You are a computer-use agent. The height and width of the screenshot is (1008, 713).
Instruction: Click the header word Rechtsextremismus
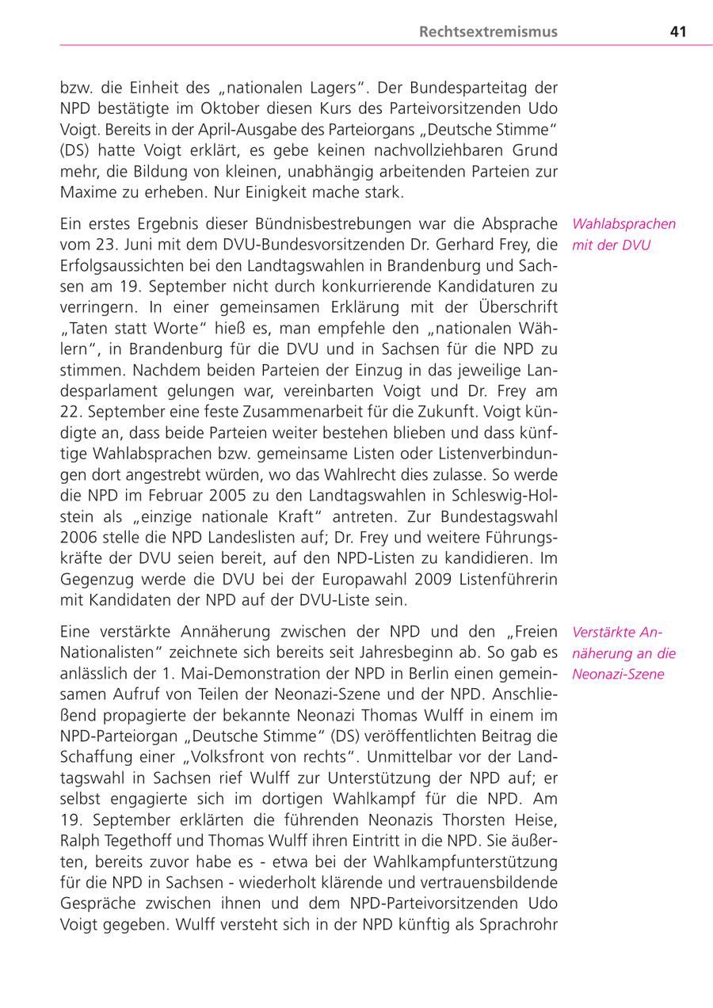click(488, 32)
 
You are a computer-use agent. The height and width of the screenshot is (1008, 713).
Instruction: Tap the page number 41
click(677, 32)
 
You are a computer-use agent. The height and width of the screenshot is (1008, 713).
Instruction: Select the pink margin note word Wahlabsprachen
click(624, 224)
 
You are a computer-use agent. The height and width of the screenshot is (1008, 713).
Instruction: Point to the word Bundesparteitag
click(463, 87)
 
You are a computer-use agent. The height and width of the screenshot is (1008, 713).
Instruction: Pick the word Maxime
click(87, 192)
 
